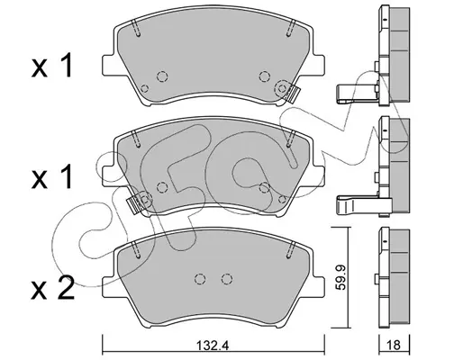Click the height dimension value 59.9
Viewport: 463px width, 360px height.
click(340, 277)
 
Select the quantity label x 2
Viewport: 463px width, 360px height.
click(53, 288)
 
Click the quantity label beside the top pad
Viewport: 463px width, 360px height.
click(52, 66)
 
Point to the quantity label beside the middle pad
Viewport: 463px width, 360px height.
click(52, 177)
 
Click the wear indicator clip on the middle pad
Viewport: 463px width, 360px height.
click(134, 205)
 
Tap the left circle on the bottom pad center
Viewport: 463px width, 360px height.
click(200, 279)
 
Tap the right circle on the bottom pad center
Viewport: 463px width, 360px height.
click(227, 279)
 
